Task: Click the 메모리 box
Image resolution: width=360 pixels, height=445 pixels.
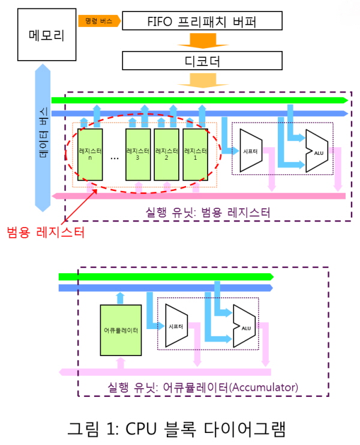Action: (47, 34)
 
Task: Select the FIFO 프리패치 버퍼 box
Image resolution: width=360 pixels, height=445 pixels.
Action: (202, 20)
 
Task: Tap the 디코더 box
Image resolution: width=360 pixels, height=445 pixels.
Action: (202, 61)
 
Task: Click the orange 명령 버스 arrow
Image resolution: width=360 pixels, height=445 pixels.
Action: (99, 21)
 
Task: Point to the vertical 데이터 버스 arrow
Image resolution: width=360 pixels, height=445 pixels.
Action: (43, 138)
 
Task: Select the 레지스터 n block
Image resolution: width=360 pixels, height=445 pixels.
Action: (90, 155)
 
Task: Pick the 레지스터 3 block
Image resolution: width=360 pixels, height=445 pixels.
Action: (138, 155)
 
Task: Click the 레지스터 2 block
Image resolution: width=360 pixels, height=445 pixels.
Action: (167, 155)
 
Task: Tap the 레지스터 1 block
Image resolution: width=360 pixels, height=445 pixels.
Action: (196, 155)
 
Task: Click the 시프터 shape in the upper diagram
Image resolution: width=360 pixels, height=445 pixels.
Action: (251, 151)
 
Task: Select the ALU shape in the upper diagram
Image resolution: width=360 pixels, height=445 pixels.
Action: (317, 151)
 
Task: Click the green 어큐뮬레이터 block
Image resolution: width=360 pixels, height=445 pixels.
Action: (121, 330)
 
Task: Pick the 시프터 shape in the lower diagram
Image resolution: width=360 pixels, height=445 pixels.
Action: (176, 326)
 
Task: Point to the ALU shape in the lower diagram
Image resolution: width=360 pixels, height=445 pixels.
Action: (244, 326)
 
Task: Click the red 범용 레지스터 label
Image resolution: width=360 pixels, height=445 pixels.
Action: (46, 232)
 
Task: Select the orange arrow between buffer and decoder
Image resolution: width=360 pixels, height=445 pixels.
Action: (203, 41)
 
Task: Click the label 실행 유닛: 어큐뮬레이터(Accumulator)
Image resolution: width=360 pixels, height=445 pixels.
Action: (203, 387)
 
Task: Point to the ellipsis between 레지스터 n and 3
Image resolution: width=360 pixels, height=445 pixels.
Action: (115, 159)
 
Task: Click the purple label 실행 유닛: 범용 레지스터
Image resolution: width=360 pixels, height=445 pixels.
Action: (208, 212)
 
